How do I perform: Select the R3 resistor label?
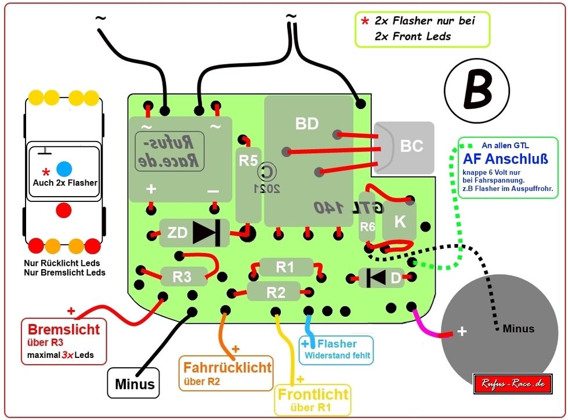click(182, 277)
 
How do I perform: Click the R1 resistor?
click(285, 267)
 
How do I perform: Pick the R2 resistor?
click(275, 292)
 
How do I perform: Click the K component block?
click(400, 221)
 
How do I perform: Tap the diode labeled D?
click(381, 278)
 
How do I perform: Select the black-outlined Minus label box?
click(135, 383)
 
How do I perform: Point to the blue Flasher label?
click(337, 349)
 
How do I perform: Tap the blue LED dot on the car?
click(64, 169)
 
